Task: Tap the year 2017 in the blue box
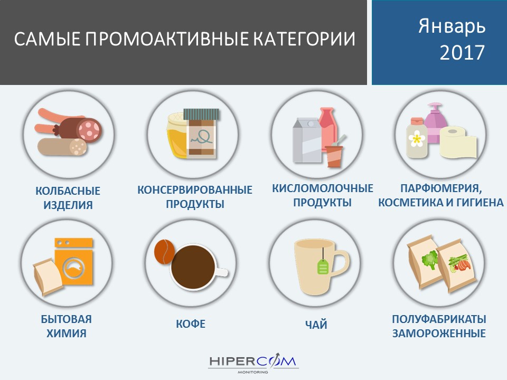(462, 52)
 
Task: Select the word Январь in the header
(452, 26)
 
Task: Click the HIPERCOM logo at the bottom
(253, 363)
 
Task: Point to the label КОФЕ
(191, 324)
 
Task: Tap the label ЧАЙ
(316, 325)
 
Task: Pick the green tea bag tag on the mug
(323, 266)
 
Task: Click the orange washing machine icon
(74, 262)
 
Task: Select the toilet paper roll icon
(458, 142)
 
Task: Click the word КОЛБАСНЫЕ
(68, 191)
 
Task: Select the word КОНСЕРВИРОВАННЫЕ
(195, 189)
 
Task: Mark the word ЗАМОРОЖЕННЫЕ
(439, 333)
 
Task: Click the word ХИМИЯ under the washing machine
(67, 333)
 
